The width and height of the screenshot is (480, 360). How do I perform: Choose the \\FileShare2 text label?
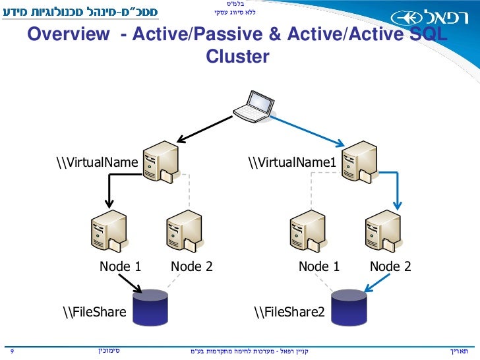289,311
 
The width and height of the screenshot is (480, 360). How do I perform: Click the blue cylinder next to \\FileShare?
150,306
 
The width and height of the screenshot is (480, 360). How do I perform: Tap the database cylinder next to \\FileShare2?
348,306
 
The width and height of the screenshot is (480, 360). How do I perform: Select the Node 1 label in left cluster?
121,266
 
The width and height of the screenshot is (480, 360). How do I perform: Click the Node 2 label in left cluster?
192,266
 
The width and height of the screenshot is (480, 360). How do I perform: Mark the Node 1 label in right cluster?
319,266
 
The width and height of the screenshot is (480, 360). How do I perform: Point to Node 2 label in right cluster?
390,266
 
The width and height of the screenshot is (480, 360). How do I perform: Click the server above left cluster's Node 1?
107,231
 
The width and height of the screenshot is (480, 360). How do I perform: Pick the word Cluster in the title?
237,57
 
